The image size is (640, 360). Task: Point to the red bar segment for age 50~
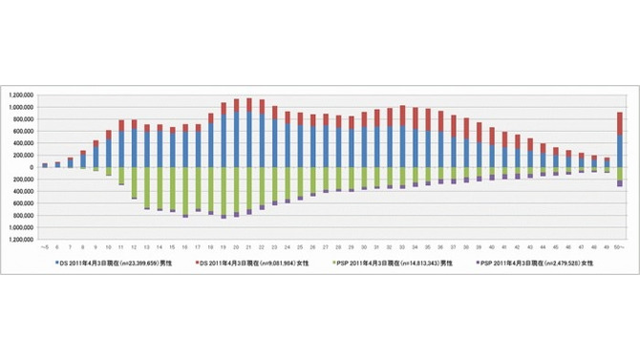620,123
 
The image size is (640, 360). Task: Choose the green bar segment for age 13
147,187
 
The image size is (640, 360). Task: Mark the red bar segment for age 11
121,125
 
